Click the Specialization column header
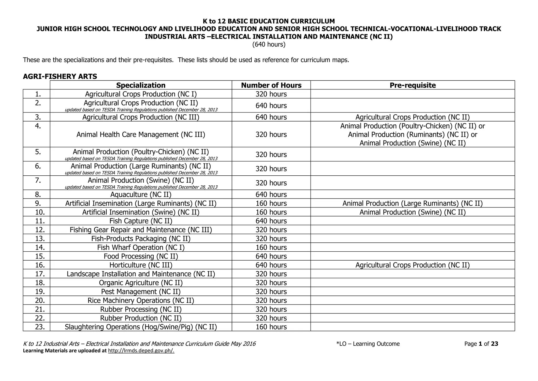point(141,85)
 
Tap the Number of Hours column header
point(271,85)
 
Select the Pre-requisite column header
point(412,85)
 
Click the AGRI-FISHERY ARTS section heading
point(60,77)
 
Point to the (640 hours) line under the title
point(269,44)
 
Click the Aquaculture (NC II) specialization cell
point(141,195)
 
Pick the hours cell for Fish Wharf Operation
point(271,247)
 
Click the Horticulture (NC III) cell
point(141,265)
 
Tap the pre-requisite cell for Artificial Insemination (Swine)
point(412,212)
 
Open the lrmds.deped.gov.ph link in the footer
point(141,351)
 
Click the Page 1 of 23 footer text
point(481,344)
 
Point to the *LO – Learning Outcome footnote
point(368,344)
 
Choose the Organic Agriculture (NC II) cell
point(141,283)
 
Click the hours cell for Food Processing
point(271,256)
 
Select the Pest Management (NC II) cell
point(141,292)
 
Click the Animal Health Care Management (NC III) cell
point(141,135)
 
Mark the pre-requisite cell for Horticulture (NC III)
point(412,265)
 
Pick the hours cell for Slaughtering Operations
point(271,327)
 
